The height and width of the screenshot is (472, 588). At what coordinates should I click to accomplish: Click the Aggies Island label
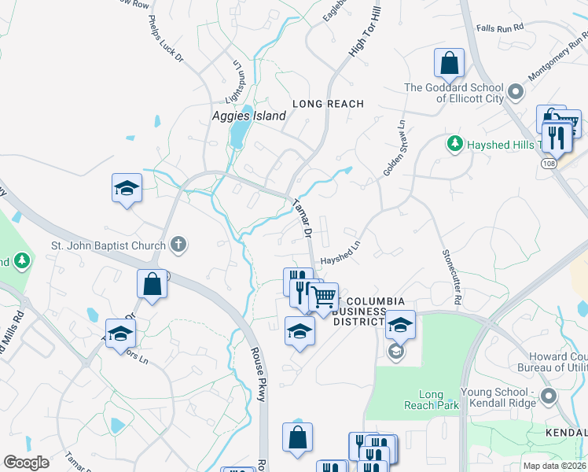click(248, 116)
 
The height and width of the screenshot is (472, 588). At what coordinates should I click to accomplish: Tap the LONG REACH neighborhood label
click(329, 104)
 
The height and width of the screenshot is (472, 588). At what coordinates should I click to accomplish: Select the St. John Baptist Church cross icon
click(178, 245)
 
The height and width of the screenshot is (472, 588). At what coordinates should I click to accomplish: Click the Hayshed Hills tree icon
click(454, 144)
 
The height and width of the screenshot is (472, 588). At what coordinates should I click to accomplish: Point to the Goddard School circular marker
click(516, 92)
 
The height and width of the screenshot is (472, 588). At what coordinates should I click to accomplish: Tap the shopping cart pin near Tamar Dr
click(323, 297)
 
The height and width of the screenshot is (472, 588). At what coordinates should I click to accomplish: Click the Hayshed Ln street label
click(340, 252)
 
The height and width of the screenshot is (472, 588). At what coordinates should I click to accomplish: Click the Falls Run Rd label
click(499, 28)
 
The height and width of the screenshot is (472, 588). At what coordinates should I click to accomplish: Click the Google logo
click(26, 463)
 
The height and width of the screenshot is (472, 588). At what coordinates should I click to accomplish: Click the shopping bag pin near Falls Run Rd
click(449, 64)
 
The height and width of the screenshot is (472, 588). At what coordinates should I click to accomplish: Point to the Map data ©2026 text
click(553, 466)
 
